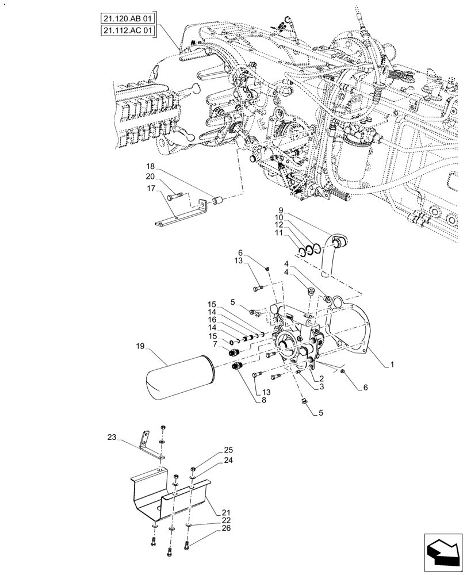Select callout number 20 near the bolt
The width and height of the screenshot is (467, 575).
150,177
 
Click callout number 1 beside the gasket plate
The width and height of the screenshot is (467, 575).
392,365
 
